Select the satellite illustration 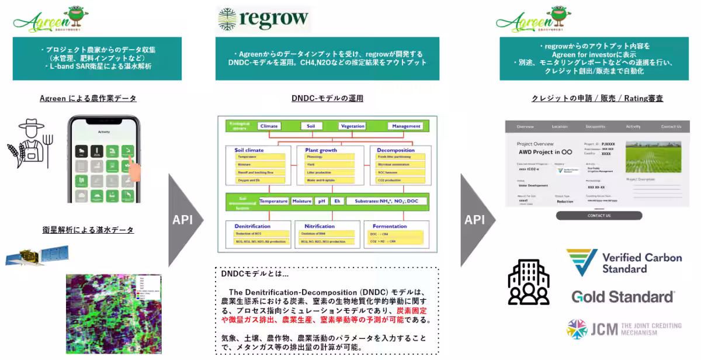36,255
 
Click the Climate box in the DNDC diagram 269,126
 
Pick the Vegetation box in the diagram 352,126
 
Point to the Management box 407,126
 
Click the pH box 320,201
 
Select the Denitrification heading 252,226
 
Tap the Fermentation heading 390,226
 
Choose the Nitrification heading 320,226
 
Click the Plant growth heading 321,150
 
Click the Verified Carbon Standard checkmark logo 581,262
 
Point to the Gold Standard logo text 623,297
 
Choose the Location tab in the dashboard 559,126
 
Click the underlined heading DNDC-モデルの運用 327,98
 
